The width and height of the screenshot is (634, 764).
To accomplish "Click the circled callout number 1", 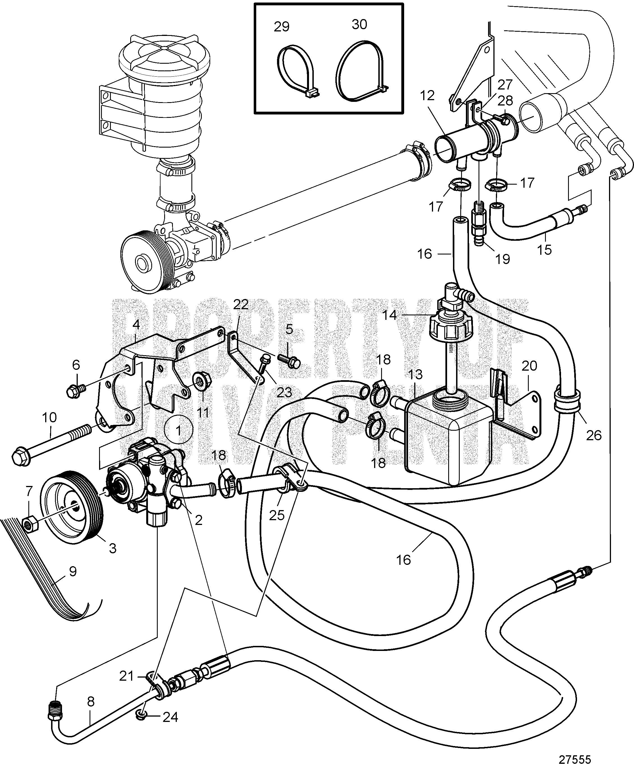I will point(178,430).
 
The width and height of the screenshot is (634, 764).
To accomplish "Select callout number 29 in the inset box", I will point(281,27).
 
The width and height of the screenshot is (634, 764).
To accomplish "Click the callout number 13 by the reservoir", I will point(415,374).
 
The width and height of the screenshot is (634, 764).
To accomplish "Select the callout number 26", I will point(594,435).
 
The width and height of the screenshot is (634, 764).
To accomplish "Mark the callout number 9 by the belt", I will point(73,572).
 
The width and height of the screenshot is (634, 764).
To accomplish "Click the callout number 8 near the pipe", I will point(91,701).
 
